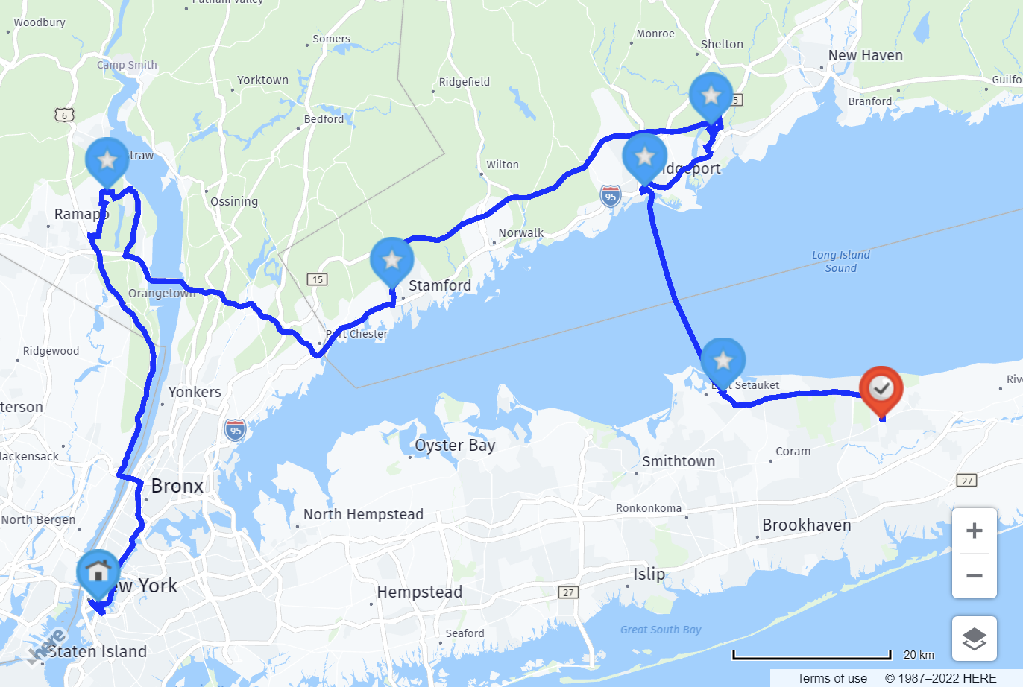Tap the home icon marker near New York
pyautogui.click(x=98, y=572)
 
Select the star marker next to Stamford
pyautogui.click(x=392, y=260)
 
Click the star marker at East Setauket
pyautogui.click(x=723, y=361)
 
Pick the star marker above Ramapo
pyautogui.click(x=107, y=160)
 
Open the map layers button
pyautogui.click(x=974, y=639)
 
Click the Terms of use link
pyautogui.click(x=831, y=678)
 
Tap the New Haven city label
pyautogui.click(x=865, y=56)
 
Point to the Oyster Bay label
pyautogui.click(x=455, y=446)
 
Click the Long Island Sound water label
pyautogui.click(x=840, y=262)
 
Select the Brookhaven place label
pyautogui.click(x=806, y=525)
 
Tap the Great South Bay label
pyautogui.click(x=661, y=630)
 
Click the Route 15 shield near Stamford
pyautogui.click(x=318, y=279)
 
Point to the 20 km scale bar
pyautogui.click(x=812, y=656)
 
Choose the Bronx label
pyautogui.click(x=177, y=486)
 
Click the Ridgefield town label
pyautogui.click(x=464, y=82)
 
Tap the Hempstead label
pyautogui.click(x=419, y=592)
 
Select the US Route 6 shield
pyautogui.click(x=64, y=115)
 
